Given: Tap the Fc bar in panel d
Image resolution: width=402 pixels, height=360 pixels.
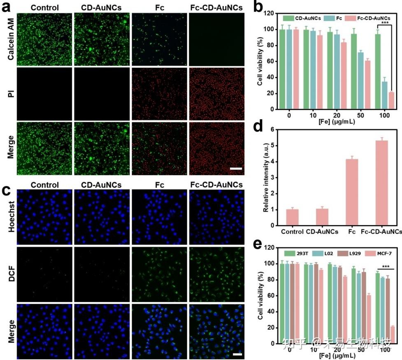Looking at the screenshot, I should pyautogui.click(x=351, y=192).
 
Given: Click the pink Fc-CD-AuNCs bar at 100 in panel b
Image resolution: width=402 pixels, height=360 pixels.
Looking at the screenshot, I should pyautogui.click(x=391, y=101).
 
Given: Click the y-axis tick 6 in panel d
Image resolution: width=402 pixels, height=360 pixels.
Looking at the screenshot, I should pyautogui.click(x=272, y=129).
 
